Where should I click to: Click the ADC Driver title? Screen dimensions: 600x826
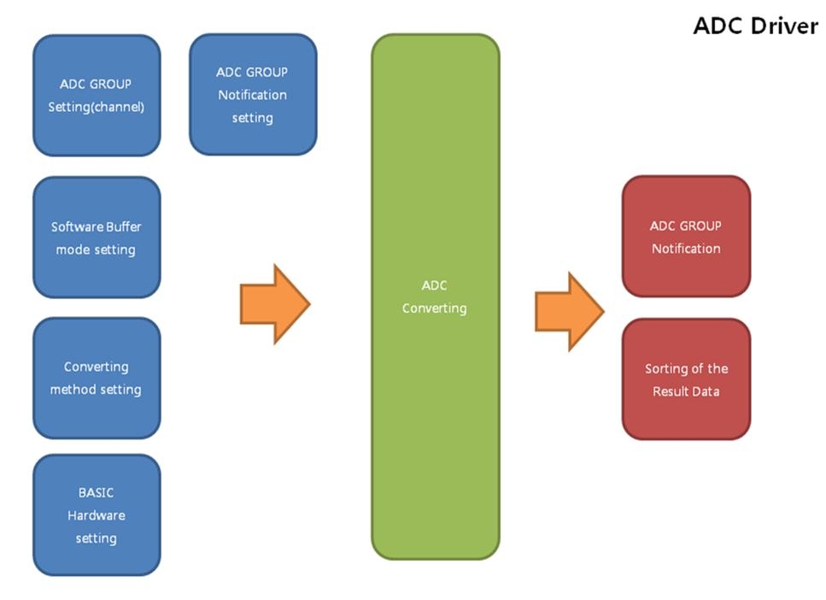pos(755,26)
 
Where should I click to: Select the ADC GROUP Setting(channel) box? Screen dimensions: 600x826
pos(97,95)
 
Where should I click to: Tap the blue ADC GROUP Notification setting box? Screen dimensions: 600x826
pos(252,94)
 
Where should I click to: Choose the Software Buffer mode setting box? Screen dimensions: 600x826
pos(97,237)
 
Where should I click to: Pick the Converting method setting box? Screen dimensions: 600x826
pos(97,378)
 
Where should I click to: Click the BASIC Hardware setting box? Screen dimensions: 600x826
pos(97,515)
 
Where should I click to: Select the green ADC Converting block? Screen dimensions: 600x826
pos(435,297)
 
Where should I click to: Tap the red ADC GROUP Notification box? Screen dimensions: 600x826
pos(686,237)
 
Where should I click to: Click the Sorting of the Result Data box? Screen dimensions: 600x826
pos(686,379)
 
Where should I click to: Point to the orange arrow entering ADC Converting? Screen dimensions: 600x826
pos(274,304)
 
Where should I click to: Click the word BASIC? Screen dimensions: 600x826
pos(96,492)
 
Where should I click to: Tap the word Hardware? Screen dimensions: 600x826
pos(97,515)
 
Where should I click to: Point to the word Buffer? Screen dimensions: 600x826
pos(124,226)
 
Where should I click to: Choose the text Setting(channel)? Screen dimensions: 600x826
pos(97,108)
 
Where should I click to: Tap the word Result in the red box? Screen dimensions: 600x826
pos(671,391)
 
